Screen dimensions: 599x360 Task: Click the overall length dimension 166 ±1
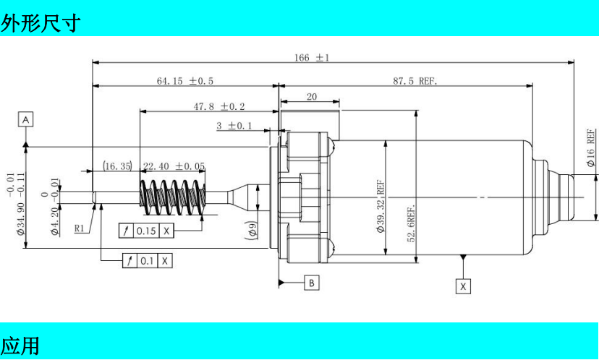(x=311, y=58)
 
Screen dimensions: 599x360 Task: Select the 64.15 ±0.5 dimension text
(x=185, y=81)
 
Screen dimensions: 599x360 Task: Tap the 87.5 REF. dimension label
(x=415, y=81)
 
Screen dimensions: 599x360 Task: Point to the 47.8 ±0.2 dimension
(x=219, y=106)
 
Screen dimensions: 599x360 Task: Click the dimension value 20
(x=312, y=97)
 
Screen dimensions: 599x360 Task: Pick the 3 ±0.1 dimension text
(x=234, y=126)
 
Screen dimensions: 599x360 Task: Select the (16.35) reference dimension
(x=117, y=166)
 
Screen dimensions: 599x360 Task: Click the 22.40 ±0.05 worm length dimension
(x=174, y=166)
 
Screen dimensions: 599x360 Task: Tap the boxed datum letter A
(x=25, y=119)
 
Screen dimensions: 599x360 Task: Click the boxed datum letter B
(x=312, y=283)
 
